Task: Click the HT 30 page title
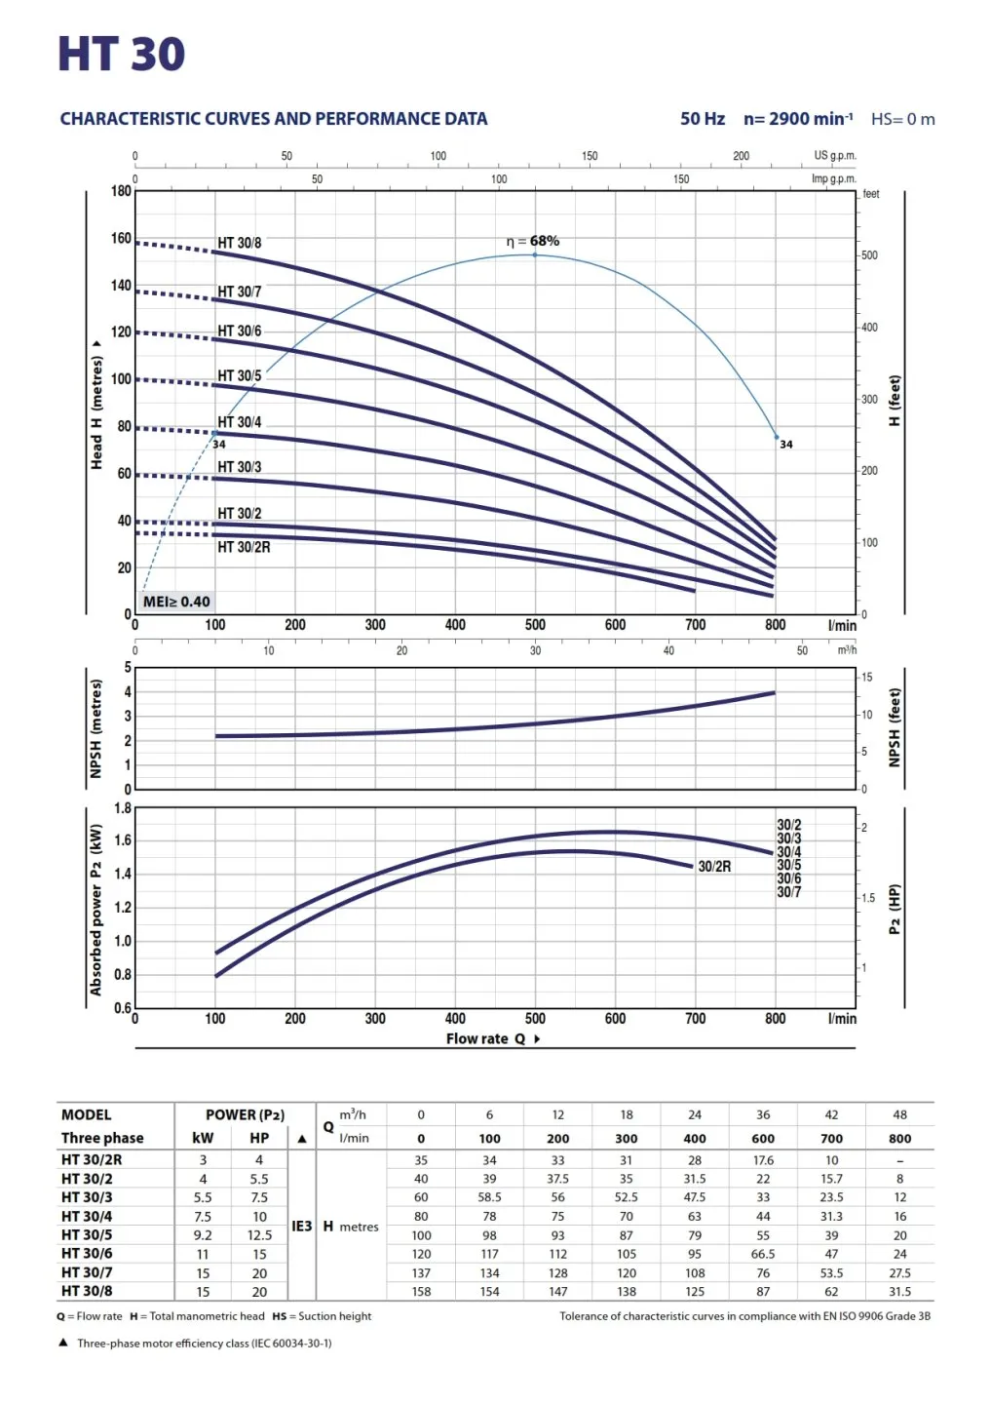pos(121,55)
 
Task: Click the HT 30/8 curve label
pos(239,243)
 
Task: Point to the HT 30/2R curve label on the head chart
pos(244,547)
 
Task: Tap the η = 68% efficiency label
pos(533,241)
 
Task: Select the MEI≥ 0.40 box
pos(176,602)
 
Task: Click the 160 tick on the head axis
pos(121,238)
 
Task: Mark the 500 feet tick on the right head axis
pos(869,255)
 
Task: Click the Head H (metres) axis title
pos(96,405)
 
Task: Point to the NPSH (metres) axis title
pos(95,728)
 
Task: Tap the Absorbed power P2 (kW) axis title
pos(95,909)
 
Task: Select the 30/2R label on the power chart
pos(714,866)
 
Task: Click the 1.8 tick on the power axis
pos(123,808)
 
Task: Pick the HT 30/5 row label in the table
pos(87,1234)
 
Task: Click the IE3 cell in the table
pos(302,1226)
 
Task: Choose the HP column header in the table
pos(259,1138)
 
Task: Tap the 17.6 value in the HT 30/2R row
pos(763,1160)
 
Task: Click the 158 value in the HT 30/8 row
pos(421,1291)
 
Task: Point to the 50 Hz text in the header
pos(703,119)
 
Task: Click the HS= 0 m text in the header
pos(902,119)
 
